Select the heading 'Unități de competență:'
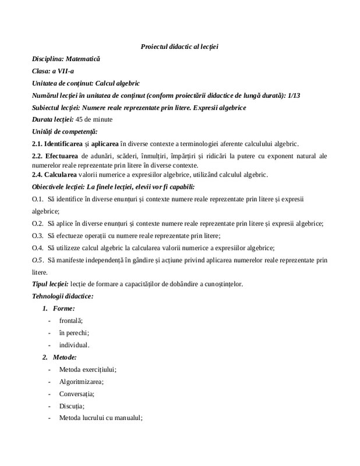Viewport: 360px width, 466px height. (x=64, y=132)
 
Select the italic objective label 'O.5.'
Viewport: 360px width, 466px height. (x=37, y=259)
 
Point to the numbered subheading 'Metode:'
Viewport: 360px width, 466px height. (x=65, y=357)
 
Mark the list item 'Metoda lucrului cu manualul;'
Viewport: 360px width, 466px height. (x=100, y=418)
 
